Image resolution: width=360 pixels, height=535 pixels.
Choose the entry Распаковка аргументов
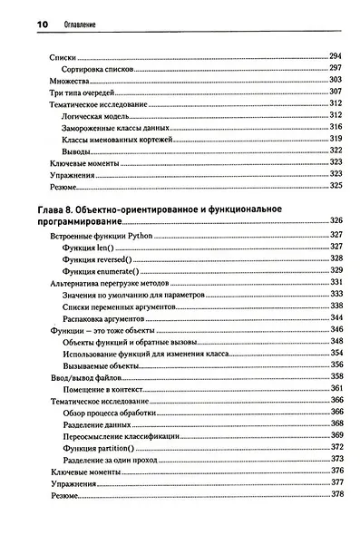click(104, 316)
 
